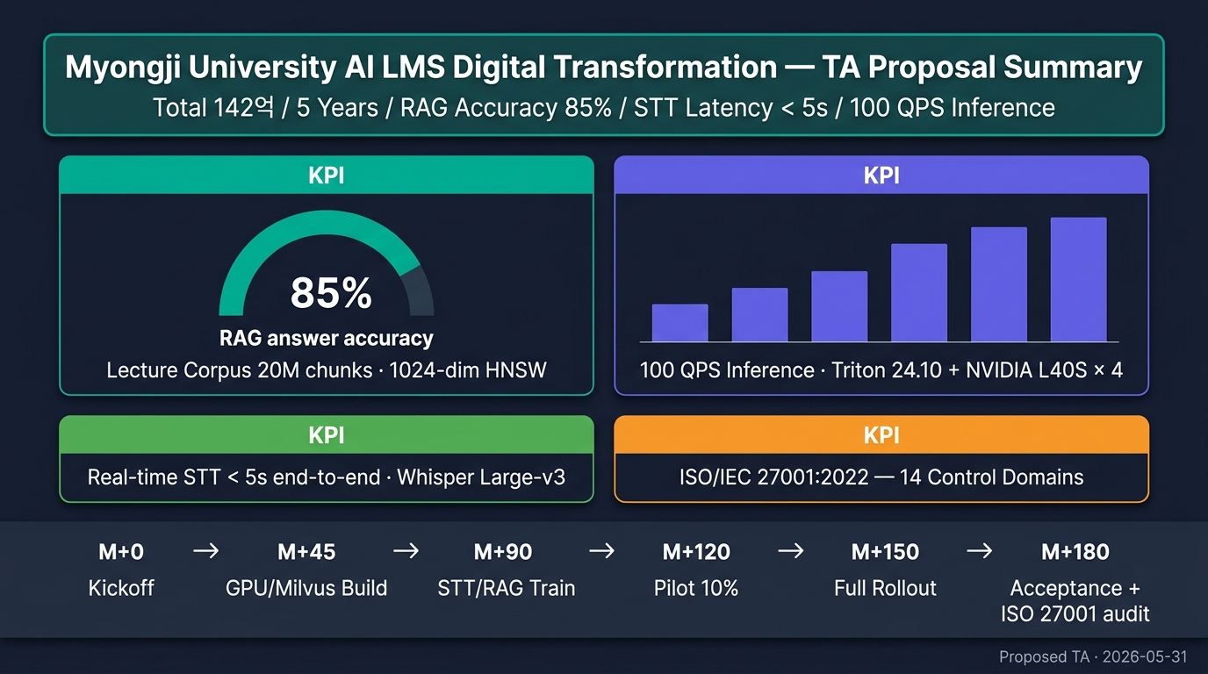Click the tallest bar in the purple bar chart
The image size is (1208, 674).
pos(1079,279)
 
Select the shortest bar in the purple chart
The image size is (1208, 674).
pos(680,322)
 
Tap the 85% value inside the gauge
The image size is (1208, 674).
pos(331,293)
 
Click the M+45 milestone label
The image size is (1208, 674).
pos(306,552)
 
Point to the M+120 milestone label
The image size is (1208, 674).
pos(696,552)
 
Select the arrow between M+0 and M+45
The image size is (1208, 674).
pos(206,550)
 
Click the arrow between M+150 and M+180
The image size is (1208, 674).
pos(980,550)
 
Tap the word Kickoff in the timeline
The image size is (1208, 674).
pos(121,588)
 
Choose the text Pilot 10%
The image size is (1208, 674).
pos(696,588)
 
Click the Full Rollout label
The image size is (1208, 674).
pos(885,588)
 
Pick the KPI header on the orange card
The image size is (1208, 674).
pos(881,435)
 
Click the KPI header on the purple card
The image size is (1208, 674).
pos(881,176)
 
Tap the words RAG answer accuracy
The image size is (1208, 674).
pos(327,339)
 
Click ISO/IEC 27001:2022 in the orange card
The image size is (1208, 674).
pos(774,477)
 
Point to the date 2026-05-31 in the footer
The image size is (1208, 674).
pos(1145,656)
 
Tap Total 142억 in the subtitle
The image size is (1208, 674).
pos(214,107)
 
